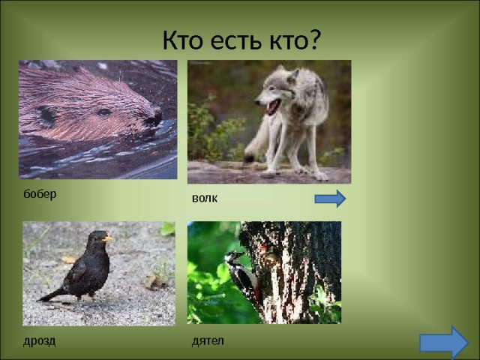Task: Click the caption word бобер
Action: coord(40,194)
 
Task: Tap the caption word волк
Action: coord(205,198)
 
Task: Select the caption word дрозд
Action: coord(39,341)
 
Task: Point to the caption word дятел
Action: coord(208,341)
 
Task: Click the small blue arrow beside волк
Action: coord(330,199)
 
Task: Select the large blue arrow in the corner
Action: coord(444,343)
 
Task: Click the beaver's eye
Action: coord(104,112)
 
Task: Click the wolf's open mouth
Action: coord(273,106)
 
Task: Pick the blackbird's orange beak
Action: coord(108,238)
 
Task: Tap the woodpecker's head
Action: coord(233,256)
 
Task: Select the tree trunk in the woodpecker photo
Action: coord(294,272)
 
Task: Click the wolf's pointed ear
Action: coord(293,76)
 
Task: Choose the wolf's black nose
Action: coord(257,102)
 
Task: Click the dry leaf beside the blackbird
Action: coord(155,280)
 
